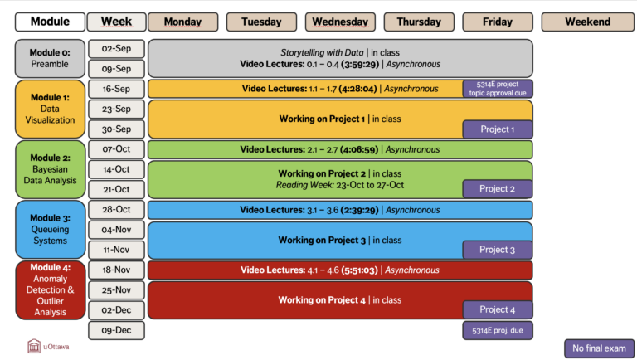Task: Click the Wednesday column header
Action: click(x=340, y=22)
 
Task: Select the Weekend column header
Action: click(x=588, y=22)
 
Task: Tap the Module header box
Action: click(x=50, y=22)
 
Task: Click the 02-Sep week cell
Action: click(x=116, y=49)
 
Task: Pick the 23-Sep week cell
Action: click(x=116, y=109)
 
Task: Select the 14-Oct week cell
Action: click(x=116, y=169)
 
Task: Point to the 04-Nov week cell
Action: click(x=116, y=230)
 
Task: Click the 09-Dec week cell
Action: click(x=116, y=329)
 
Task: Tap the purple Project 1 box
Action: click(x=498, y=129)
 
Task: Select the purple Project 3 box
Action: click(x=498, y=249)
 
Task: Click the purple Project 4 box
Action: click(x=498, y=309)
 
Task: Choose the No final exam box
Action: click(x=599, y=348)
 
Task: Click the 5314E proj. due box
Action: click(x=498, y=329)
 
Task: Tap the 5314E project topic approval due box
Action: click(x=498, y=89)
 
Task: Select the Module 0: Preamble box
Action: click(x=50, y=58)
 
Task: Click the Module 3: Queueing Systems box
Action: click(x=50, y=229)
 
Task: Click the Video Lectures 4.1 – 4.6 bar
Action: click(x=340, y=270)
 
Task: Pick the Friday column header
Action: click(x=498, y=22)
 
